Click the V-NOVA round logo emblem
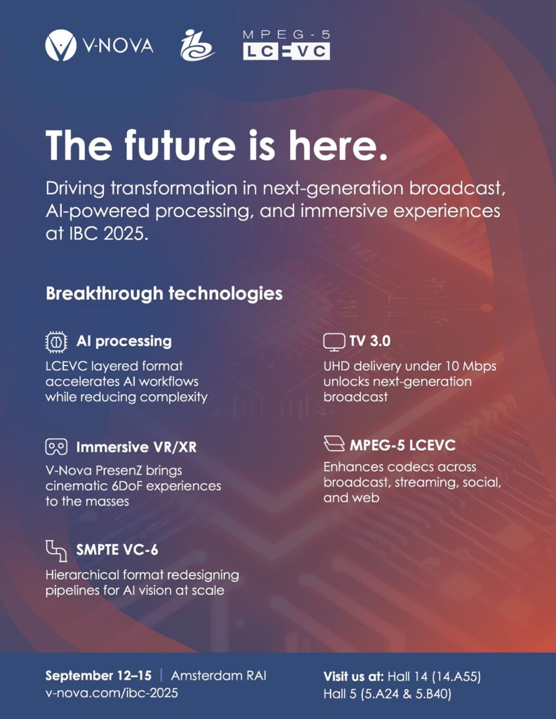click(x=61, y=45)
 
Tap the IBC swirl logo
click(x=197, y=45)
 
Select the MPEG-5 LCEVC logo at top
click(x=286, y=45)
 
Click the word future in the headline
click(x=180, y=145)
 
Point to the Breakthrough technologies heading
click(x=164, y=293)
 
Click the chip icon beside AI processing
click(x=56, y=342)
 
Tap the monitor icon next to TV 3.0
click(x=334, y=342)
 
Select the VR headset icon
click(x=56, y=447)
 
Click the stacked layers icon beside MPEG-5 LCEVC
click(x=334, y=444)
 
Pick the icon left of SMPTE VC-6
click(x=56, y=550)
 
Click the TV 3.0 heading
click(x=370, y=342)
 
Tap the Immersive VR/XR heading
click(x=137, y=447)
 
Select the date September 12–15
click(x=98, y=675)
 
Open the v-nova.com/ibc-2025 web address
click(x=112, y=692)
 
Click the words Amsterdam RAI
click(x=218, y=675)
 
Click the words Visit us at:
click(x=353, y=676)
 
